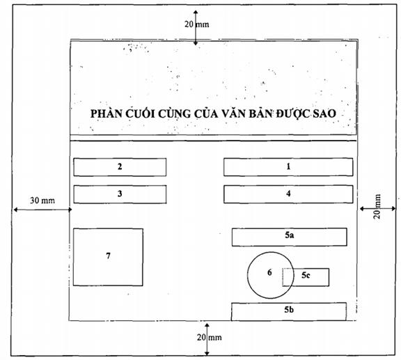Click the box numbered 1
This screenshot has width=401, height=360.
tap(288, 167)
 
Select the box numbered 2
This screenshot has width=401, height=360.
tap(120, 167)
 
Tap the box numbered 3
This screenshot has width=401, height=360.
tap(120, 194)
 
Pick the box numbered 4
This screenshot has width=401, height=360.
tap(288, 194)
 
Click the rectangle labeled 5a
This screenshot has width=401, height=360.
tap(289, 237)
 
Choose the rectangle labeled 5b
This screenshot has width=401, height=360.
tap(289, 311)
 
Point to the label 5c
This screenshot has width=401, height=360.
tap(306, 275)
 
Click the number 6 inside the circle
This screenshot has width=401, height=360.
tap(269, 272)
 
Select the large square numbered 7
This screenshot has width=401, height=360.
tap(108, 257)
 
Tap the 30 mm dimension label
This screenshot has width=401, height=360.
tap(42, 201)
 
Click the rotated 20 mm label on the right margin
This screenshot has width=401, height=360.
tap(377, 206)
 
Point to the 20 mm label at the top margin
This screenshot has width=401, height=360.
tap(196, 24)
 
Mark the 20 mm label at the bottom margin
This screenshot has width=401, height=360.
tap(209, 338)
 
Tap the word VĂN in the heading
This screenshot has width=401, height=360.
tap(232, 113)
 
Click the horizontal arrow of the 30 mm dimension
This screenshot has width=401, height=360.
tap(42, 210)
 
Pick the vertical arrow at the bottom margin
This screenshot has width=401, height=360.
tap(207, 339)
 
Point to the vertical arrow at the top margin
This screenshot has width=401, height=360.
tap(196, 28)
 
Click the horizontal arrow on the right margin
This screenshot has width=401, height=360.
tap(378, 209)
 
